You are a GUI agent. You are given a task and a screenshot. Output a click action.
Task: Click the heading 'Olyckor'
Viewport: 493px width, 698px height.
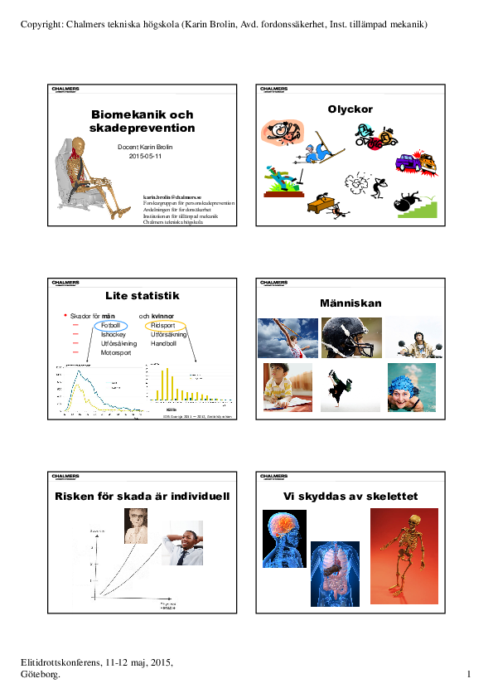point(350,109)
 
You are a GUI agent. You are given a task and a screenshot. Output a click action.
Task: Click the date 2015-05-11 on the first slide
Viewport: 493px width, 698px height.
point(145,155)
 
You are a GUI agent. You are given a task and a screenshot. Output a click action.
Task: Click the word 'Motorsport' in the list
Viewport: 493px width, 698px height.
point(115,352)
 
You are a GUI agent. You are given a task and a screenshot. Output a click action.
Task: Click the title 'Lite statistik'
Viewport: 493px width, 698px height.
point(143,296)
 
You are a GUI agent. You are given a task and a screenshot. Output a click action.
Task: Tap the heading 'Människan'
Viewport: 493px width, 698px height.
point(350,303)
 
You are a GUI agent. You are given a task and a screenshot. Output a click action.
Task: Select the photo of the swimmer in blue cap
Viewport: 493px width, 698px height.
point(411,387)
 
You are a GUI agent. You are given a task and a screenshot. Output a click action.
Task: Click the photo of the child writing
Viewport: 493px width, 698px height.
point(288,387)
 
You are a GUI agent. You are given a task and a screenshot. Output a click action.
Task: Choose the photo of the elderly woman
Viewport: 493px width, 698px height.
point(136,526)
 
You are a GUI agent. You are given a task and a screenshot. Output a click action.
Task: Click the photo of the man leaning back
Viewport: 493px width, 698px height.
point(181,543)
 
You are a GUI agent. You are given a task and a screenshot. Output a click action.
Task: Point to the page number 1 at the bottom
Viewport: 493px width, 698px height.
point(469,675)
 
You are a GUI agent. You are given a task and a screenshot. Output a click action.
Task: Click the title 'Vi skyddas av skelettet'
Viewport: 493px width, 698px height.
point(350,497)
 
